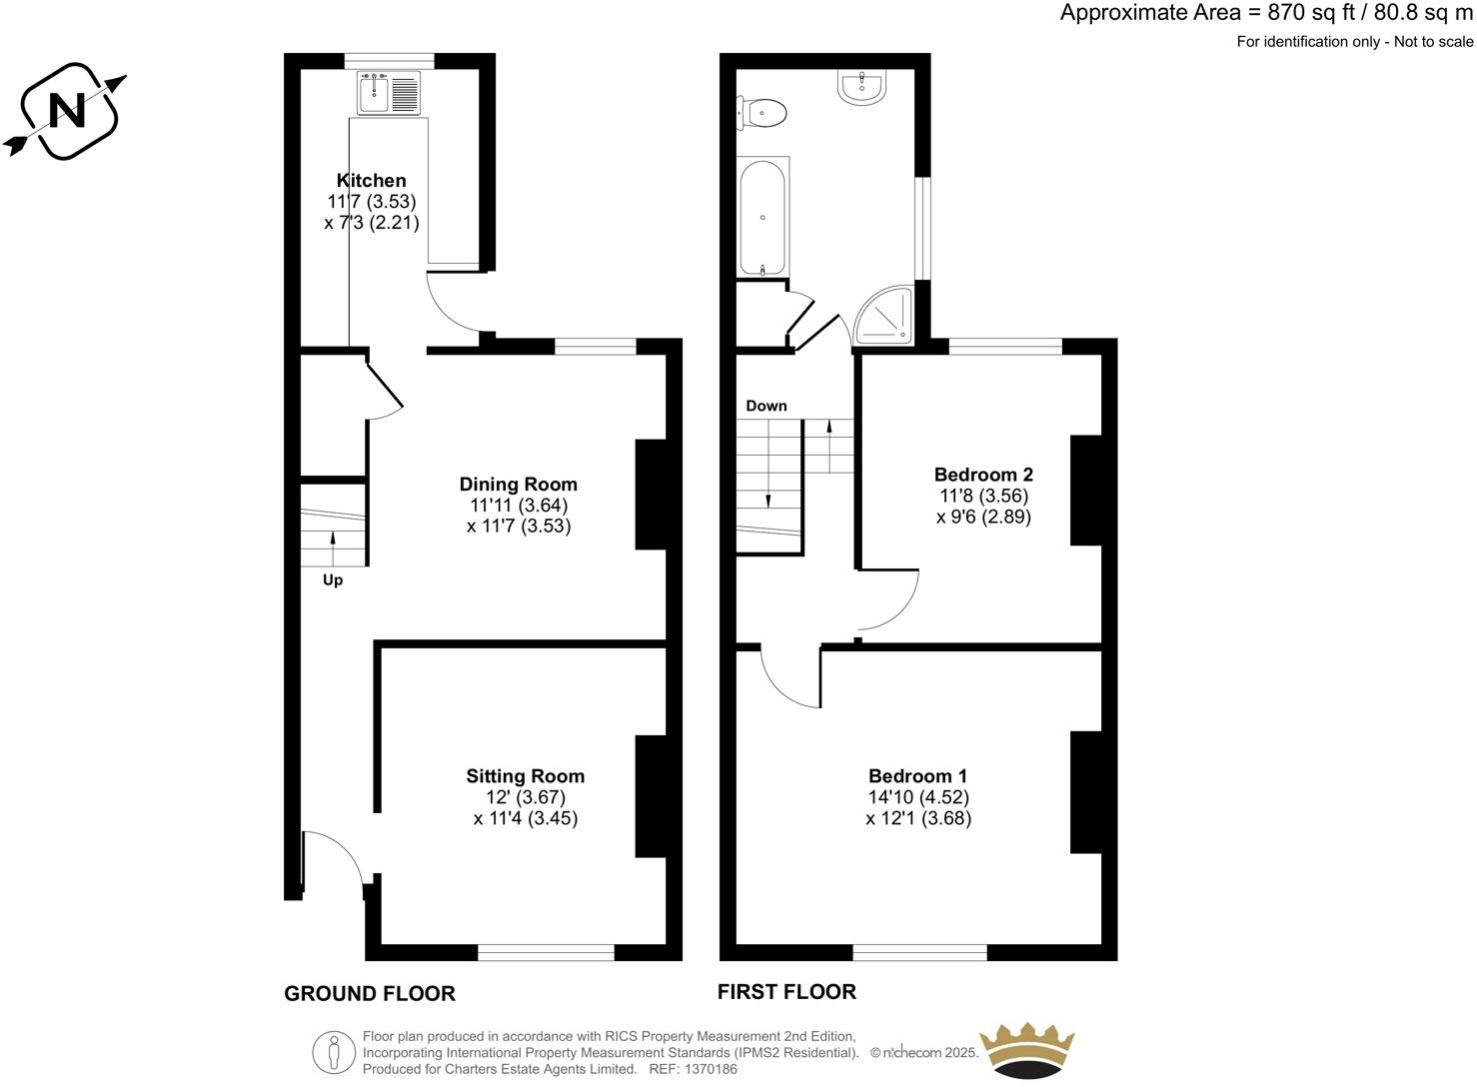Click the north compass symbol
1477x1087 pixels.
(67, 111)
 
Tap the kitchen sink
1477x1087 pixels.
(389, 93)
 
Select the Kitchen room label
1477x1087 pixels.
(371, 181)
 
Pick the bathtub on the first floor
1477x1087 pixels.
(763, 218)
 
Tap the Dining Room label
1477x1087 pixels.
(518, 485)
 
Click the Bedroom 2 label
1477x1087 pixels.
(983, 475)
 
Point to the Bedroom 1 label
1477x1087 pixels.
(917, 776)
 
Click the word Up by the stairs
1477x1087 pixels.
(333, 580)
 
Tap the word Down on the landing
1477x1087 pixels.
(766, 406)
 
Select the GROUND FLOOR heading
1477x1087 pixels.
(370, 993)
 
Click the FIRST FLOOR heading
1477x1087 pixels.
(786, 992)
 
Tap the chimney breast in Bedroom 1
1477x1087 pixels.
(1085, 792)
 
